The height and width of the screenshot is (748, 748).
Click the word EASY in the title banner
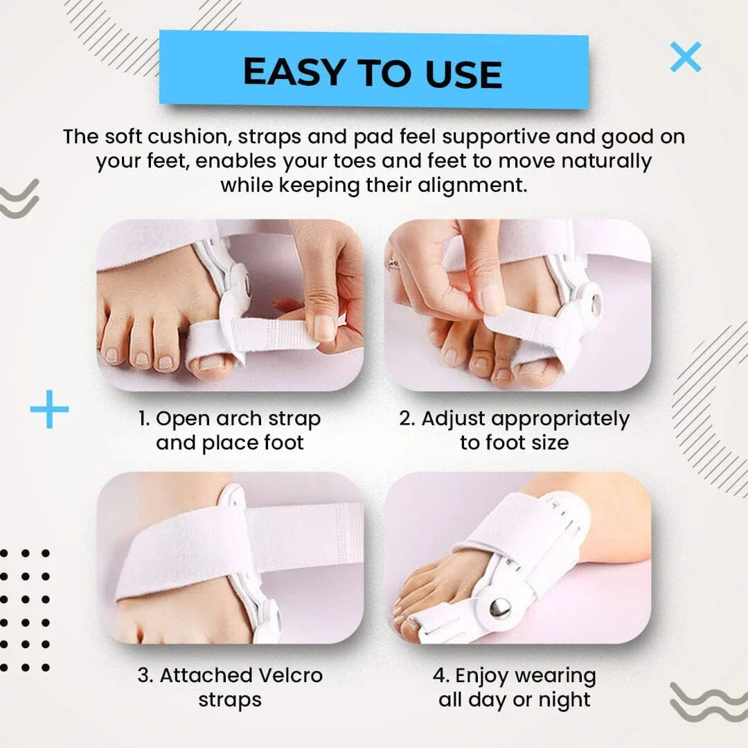tap(294, 72)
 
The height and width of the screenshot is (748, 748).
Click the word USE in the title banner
tap(459, 73)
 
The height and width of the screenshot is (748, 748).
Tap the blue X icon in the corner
tap(686, 57)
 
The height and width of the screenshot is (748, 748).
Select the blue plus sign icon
tap(49, 409)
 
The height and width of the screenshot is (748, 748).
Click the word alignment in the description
tap(460, 186)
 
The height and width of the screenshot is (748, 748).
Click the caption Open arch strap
tap(229, 419)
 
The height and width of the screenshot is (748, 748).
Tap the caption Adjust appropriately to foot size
tap(514, 430)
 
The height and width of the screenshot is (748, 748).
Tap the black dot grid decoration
tap(26, 610)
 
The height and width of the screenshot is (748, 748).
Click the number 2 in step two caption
tap(406, 419)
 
